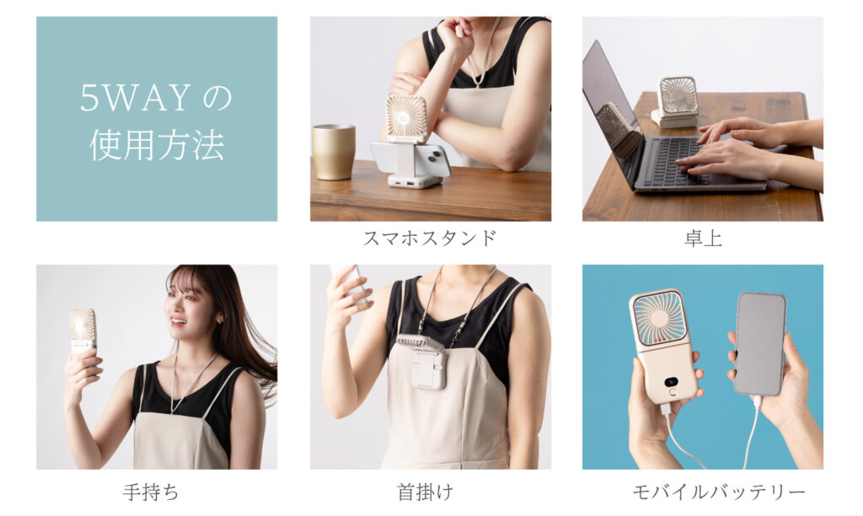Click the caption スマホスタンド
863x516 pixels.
click(430, 238)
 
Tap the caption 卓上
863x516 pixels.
click(703, 238)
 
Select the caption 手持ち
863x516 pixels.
click(150, 492)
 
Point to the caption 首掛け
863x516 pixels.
click(425, 492)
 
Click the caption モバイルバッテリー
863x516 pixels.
click(719, 492)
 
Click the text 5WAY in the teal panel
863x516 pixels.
click(136, 98)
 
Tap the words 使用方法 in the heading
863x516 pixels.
click(157, 145)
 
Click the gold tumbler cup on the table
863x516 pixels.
click(334, 152)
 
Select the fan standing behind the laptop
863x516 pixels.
click(676, 102)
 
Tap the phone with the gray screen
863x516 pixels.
click(760, 343)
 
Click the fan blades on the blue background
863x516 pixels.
click(659, 319)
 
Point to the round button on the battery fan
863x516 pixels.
click(672, 392)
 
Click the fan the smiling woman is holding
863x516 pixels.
click(83, 331)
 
